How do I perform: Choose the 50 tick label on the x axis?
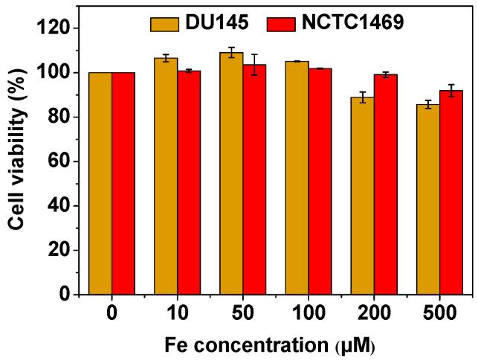(243, 313)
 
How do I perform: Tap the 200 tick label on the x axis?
(374, 313)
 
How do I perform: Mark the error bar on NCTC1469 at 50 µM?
(254, 64)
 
